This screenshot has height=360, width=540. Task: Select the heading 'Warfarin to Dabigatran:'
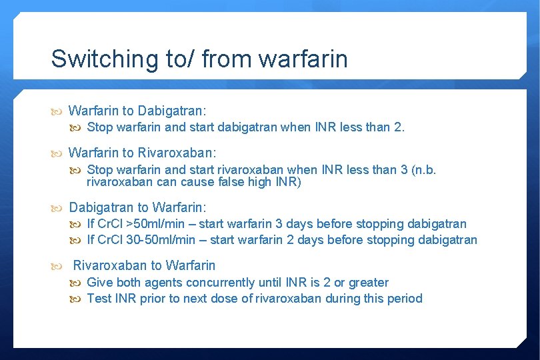tap(137, 110)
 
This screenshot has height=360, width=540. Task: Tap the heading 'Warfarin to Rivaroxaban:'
tap(143, 153)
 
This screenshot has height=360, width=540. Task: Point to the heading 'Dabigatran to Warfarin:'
tap(138, 207)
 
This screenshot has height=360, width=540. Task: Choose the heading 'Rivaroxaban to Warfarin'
tap(144, 265)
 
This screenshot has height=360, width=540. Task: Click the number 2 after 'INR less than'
tap(398, 127)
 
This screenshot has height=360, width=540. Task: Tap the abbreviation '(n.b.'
tap(423, 169)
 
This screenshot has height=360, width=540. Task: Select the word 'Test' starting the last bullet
tap(99, 299)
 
